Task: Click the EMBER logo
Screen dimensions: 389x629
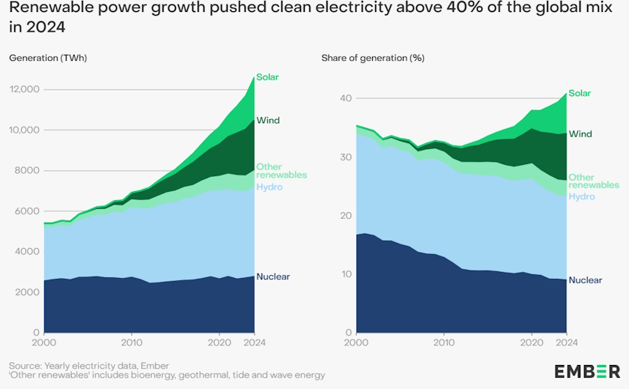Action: [x=586, y=370]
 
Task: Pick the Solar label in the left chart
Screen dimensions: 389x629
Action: [x=267, y=77]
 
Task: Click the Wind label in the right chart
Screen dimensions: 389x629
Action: [x=580, y=134]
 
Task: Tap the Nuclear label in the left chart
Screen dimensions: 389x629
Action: [x=273, y=277]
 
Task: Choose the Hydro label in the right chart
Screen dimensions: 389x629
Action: [x=581, y=196]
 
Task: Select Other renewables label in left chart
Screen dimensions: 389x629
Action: [x=270, y=171]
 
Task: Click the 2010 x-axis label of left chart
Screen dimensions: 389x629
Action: [x=131, y=343]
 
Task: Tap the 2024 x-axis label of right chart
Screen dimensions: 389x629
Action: [x=565, y=343]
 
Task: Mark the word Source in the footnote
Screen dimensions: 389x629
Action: [x=26, y=364]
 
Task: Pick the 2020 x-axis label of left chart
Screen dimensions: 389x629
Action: [x=219, y=343]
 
